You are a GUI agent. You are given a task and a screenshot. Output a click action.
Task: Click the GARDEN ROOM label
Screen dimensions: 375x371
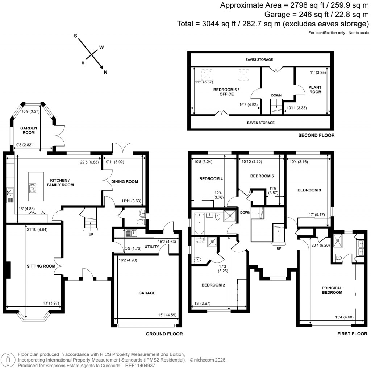tap(28, 131)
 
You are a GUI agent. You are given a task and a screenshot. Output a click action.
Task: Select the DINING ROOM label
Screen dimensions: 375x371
tap(125, 182)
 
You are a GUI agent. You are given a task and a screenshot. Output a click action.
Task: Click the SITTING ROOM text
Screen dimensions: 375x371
tap(41, 266)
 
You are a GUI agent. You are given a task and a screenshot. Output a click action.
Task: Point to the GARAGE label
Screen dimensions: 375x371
tap(147, 293)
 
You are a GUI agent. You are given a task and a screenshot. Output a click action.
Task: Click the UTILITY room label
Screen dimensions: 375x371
tap(152, 247)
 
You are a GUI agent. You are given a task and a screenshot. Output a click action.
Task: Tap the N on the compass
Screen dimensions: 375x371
tap(106, 72)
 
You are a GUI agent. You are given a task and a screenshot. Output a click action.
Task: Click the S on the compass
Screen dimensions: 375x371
tap(76, 36)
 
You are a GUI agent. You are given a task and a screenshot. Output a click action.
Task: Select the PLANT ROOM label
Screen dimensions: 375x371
tap(315, 90)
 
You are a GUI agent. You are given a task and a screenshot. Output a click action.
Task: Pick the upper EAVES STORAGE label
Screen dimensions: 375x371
tap(259, 59)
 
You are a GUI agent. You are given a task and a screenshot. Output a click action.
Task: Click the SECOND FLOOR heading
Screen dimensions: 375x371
tap(316, 135)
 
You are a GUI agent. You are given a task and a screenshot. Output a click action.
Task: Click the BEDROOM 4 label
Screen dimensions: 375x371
tap(211, 179)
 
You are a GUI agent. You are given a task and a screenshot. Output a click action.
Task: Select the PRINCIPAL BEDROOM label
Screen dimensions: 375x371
tap(332, 290)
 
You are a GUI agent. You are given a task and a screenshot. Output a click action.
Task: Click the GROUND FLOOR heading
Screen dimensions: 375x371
tap(164, 334)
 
